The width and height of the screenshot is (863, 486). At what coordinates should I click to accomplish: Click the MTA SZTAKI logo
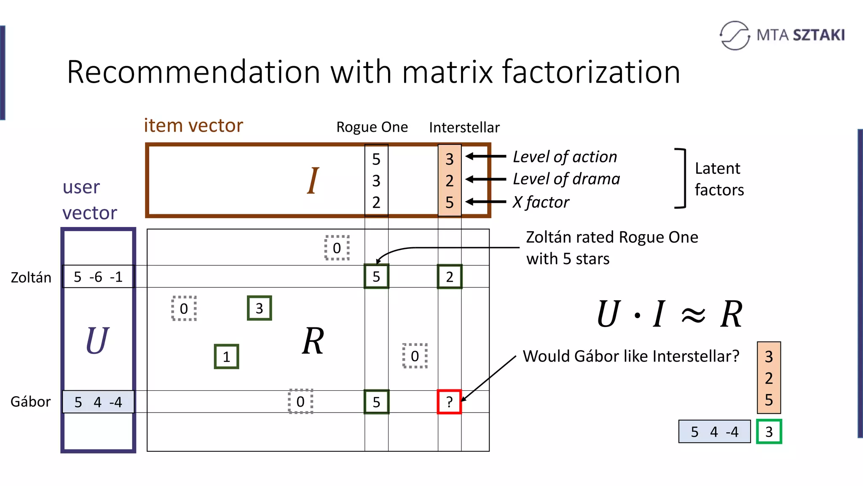click(x=782, y=35)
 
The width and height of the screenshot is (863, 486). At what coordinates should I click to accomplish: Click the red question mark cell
click(x=449, y=402)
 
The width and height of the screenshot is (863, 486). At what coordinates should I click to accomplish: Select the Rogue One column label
click(x=372, y=127)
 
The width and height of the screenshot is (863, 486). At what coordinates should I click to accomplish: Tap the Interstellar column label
click(x=464, y=127)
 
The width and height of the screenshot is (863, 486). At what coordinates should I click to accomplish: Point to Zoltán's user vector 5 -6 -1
click(x=98, y=277)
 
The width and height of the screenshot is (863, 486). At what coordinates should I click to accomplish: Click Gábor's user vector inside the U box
click(x=98, y=402)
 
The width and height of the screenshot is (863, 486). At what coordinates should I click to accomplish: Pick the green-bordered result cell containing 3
click(x=769, y=432)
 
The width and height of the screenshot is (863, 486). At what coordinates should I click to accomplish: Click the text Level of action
click(x=565, y=157)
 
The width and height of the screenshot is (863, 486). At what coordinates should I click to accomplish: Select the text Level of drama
click(x=566, y=179)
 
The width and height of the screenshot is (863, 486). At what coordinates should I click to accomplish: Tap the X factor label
click(x=541, y=202)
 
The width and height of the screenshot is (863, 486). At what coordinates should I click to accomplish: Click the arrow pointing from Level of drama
click(x=485, y=179)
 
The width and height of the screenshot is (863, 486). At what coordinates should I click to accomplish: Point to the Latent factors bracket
click(x=681, y=178)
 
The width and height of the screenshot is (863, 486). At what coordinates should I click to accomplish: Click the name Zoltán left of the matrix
click(x=31, y=278)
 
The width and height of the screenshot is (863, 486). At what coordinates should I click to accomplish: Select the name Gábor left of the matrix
click(x=30, y=402)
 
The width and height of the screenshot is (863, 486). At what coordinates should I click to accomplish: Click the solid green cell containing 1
click(x=226, y=356)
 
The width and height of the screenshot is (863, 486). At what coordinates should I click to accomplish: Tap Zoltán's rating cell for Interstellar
click(x=449, y=277)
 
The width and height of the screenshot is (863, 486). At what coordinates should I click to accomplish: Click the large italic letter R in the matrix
click(x=313, y=341)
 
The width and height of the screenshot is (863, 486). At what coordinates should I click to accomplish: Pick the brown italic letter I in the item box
click(x=312, y=181)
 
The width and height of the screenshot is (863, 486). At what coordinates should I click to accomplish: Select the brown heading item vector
click(x=193, y=125)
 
